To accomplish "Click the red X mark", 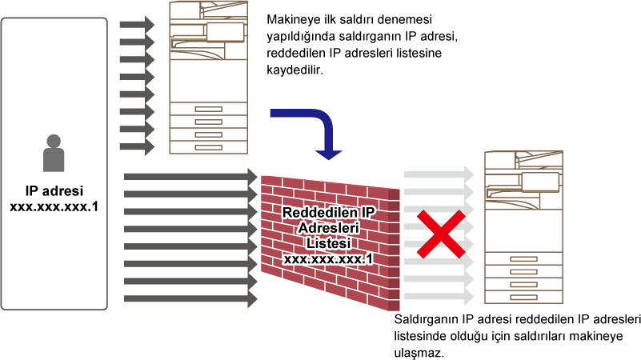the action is click(x=441, y=234).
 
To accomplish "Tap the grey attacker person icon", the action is click(x=54, y=153).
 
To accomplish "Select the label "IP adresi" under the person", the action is click(x=54, y=191).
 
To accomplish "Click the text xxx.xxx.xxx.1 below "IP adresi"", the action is click(x=54, y=206).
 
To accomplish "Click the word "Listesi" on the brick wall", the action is click(x=329, y=243).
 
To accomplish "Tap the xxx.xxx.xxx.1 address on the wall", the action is click(x=328, y=258).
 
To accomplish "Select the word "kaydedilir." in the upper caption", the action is click(x=294, y=70).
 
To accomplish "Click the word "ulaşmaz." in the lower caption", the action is click(x=419, y=353).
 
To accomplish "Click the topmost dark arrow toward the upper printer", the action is click(x=137, y=25).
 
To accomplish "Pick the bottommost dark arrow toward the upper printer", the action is click(x=137, y=146).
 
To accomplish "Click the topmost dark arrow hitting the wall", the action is click(x=190, y=177).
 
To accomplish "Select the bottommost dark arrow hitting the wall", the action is click(x=190, y=298).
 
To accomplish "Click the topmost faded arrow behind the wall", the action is click(x=439, y=174).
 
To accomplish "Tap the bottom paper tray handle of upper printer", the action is click(x=209, y=147).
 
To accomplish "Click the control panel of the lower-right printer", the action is click(x=540, y=182).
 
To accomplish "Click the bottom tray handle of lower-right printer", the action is click(x=523, y=297).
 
